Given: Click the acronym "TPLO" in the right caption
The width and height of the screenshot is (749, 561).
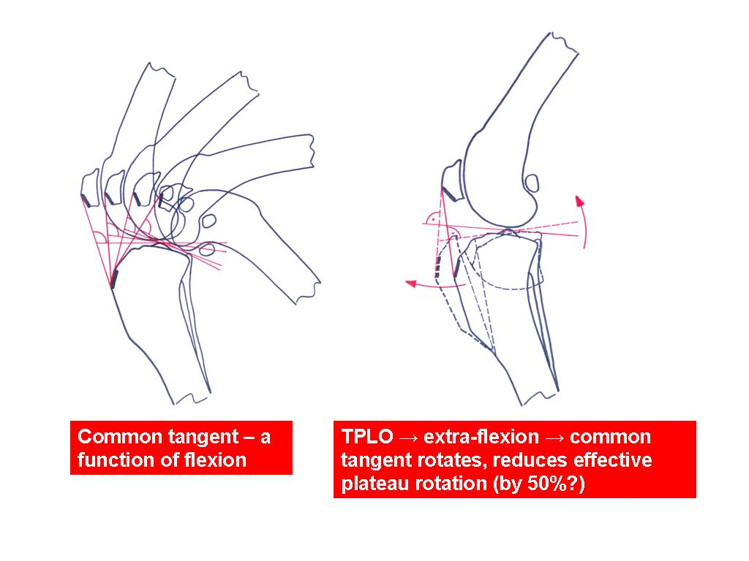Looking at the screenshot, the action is (367, 437).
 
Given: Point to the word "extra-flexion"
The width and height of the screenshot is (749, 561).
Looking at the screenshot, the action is (481, 437).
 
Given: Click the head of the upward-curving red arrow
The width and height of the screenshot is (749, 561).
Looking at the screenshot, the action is (580, 201).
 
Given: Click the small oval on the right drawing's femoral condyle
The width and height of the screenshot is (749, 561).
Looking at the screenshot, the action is (532, 183).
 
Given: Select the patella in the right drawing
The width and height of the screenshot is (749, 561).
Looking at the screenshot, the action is (453, 180).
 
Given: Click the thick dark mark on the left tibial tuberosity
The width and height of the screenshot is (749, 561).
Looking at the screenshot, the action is (115, 279).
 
